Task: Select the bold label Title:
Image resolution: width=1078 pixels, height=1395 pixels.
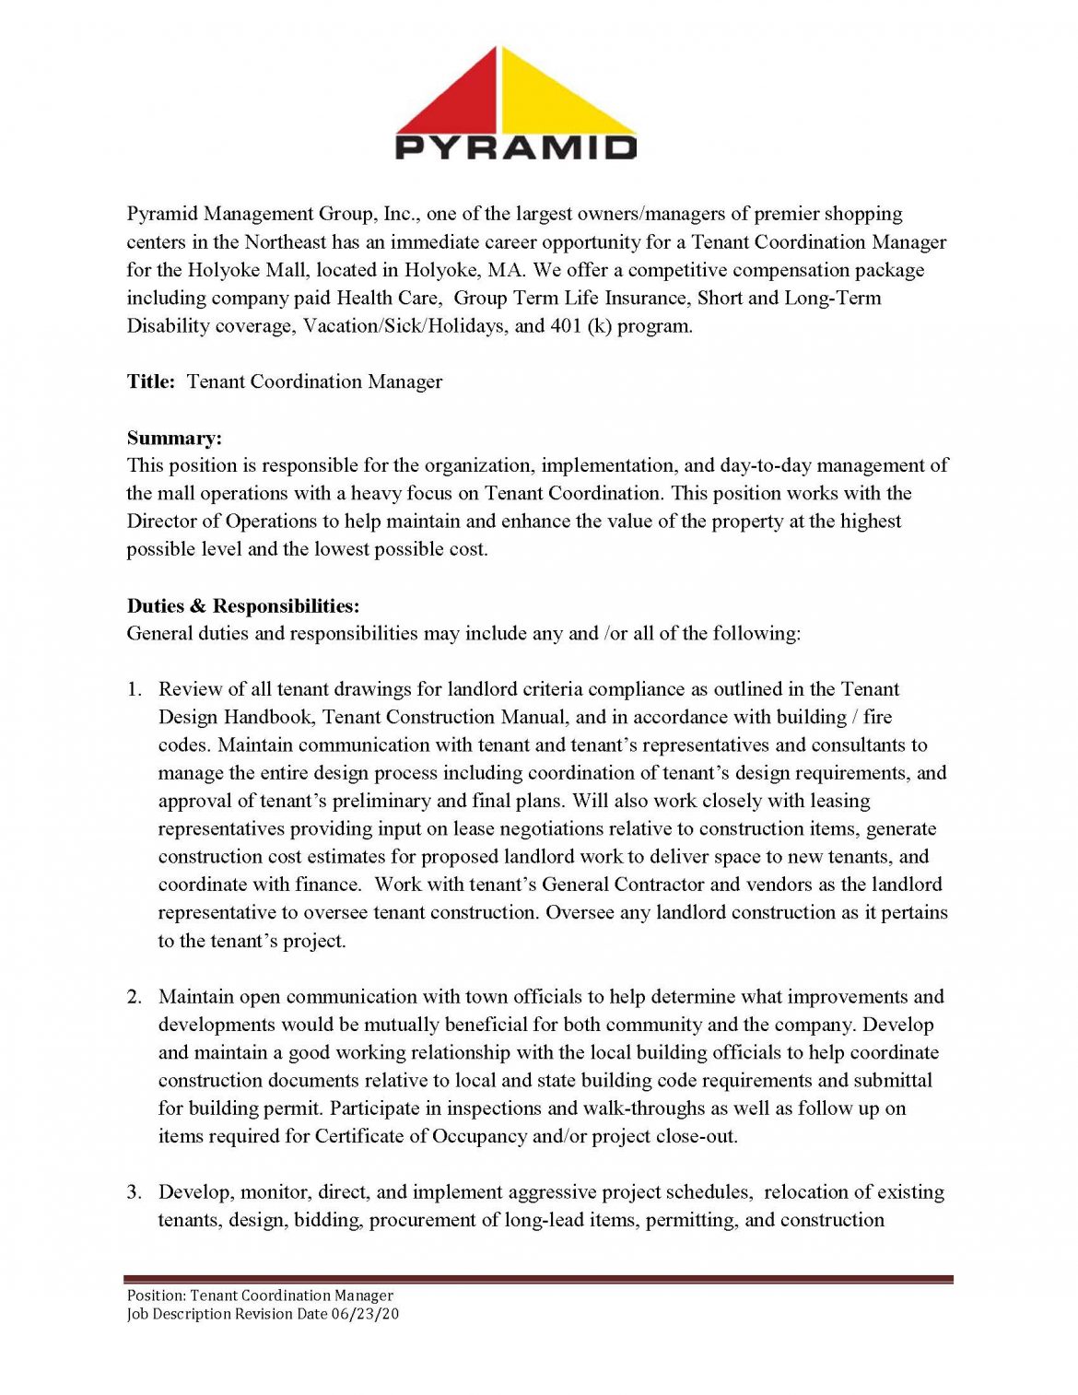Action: pyautogui.click(x=150, y=381)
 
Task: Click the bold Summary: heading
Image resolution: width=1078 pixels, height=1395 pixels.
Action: pyautogui.click(x=174, y=438)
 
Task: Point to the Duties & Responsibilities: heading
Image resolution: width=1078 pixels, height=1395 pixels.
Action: pyautogui.click(x=243, y=605)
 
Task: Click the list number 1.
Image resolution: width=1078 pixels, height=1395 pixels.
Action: pyautogui.click(x=135, y=689)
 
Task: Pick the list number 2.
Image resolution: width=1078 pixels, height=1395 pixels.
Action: pyautogui.click(x=135, y=996)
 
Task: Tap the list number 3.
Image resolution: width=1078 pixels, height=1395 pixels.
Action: pyautogui.click(x=135, y=1191)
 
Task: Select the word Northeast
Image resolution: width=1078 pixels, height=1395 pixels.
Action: pyautogui.click(x=285, y=241)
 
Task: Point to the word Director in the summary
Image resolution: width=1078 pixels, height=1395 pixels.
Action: pyautogui.click(x=160, y=521)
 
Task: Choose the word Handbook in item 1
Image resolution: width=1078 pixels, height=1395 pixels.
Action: pyautogui.click(x=269, y=717)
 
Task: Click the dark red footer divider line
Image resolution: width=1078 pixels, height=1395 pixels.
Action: pyautogui.click(x=539, y=1279)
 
